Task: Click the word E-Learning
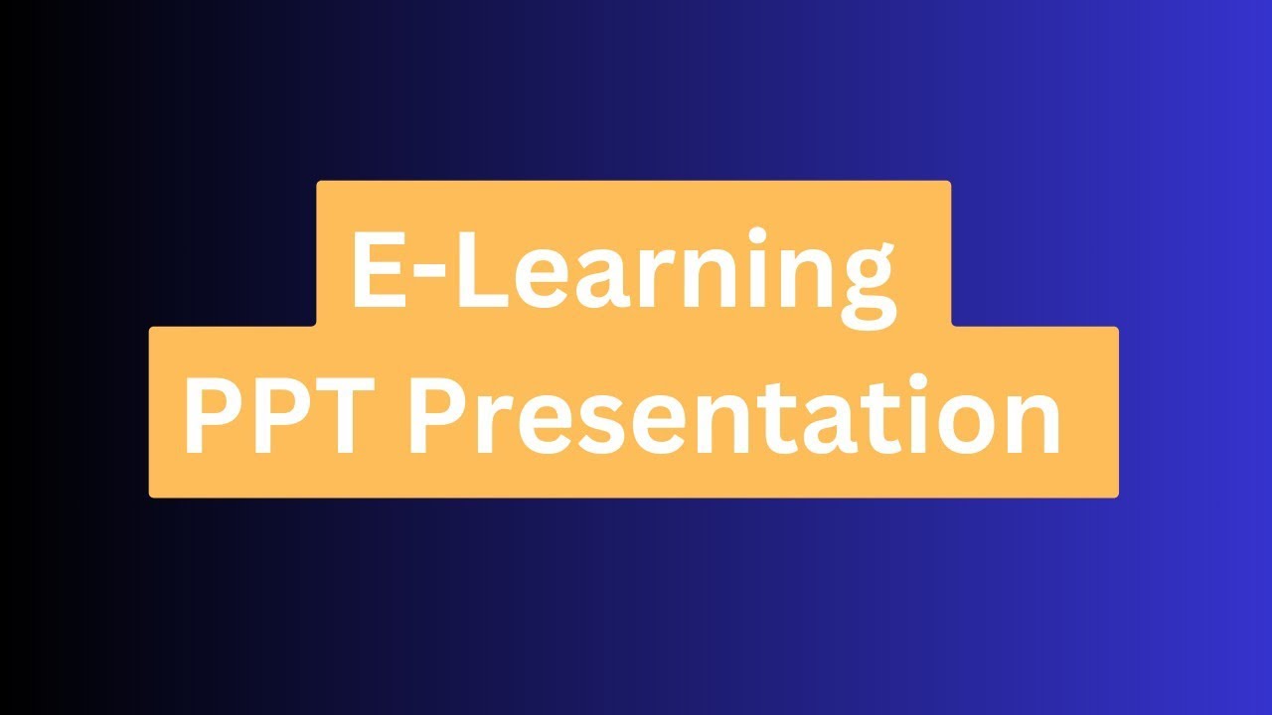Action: click(622, 268)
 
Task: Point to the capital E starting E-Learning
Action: click(375, 268)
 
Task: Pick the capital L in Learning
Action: click(480, 268)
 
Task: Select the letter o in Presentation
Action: click(957, 427)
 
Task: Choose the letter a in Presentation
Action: click(816, 427)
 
